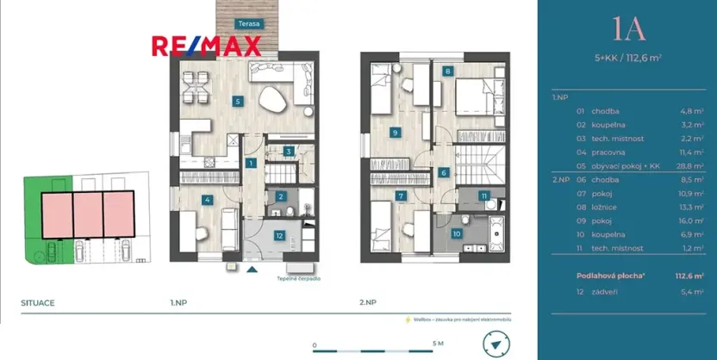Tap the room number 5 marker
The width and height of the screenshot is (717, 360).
tap(237, 101)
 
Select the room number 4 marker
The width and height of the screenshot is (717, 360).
tap(207, 200)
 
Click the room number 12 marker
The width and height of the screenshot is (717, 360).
tap(279, 234)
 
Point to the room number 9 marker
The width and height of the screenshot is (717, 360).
tap(394, 133)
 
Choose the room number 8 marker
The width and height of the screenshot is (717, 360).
tap(448, 71)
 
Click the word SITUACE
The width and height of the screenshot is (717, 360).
tap(39, 303)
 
